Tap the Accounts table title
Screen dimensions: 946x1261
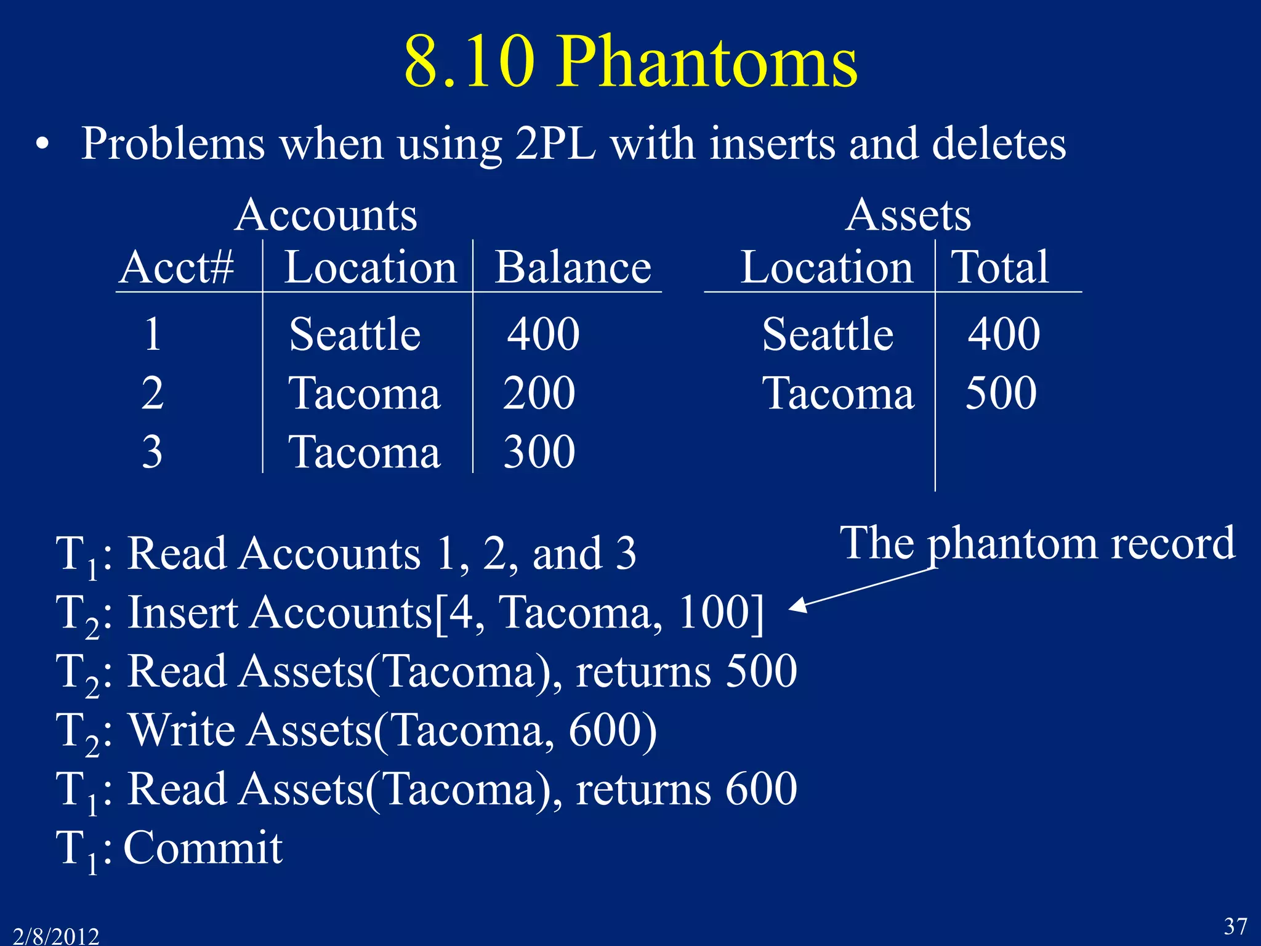(x=326, y=215)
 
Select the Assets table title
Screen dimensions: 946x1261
(x=908, y=215)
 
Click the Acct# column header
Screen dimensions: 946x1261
(x=177, y=268)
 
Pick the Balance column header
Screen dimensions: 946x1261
(x=573, y=268)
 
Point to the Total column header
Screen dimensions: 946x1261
(x=1000, y=268)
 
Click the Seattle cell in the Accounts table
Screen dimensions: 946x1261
(x=355, y=334)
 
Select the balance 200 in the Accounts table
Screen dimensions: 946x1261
(x=539, y=394)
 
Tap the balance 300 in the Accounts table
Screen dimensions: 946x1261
(x=539, y=452)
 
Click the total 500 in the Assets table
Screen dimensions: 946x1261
(x=1001, y=394)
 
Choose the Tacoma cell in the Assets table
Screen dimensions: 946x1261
(x=838, y=394)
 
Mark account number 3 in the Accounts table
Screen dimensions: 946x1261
(x=152, y=452)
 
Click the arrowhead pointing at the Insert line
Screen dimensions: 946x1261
(x=797, y=605)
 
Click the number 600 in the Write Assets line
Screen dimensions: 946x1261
(x=606, y=730)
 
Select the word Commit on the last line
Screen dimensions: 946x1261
(x=203, y=849)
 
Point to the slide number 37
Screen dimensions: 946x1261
(x=1235, y=926)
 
